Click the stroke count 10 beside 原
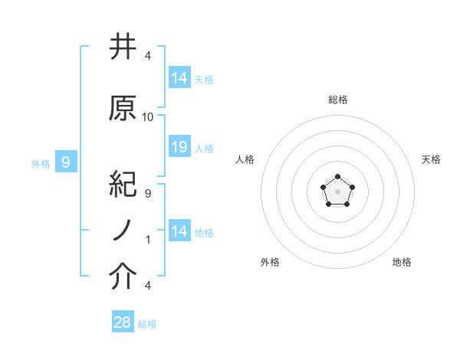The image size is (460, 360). pyautogui.click(x=148, y=117)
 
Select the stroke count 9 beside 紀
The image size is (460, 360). pyautogui.click(x=147, y=194)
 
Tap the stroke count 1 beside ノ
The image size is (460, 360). pyautogui.click(x=147, y=240)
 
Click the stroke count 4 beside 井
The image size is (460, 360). pyautogui.click(x=147, y=56)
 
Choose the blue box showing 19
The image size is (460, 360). pyautogui.click(x=179, y=147)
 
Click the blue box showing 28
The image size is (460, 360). pyautogui.click(x=123, y=322)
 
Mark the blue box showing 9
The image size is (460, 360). pyautogui.click(x=66, y=162)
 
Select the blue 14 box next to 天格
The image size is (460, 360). pyautogui.click(x=179, y=77)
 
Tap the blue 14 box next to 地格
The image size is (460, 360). pyautogui.click(x=179, y=231)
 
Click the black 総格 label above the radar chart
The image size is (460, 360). pyautogui.click(x=337, y=100)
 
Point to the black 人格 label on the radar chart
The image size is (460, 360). pyautogui.click(x=245, y=159)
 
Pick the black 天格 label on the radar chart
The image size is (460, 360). pyautogui.click(x=431, y=159)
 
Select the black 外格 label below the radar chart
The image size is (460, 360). pyautogui.click(x=270, y=262)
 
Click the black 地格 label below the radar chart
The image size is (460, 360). pyautogui.click(x=402, y=262)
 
